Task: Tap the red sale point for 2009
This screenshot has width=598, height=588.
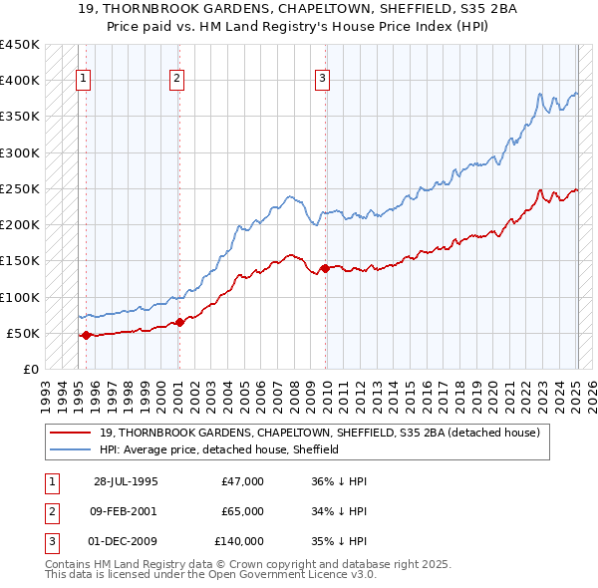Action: pyautogui.click(x=325, y=267)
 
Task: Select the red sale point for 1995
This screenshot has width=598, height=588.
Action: pyautogui.click(x=86, y=335)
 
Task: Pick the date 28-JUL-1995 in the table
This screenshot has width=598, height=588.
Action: pyautogui.click(x=126, y=481)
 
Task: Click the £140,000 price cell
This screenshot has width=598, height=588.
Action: pyautogui.click(x=238, y=541)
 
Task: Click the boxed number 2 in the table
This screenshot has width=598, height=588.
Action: pyautogui.click(x=50, y=511)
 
